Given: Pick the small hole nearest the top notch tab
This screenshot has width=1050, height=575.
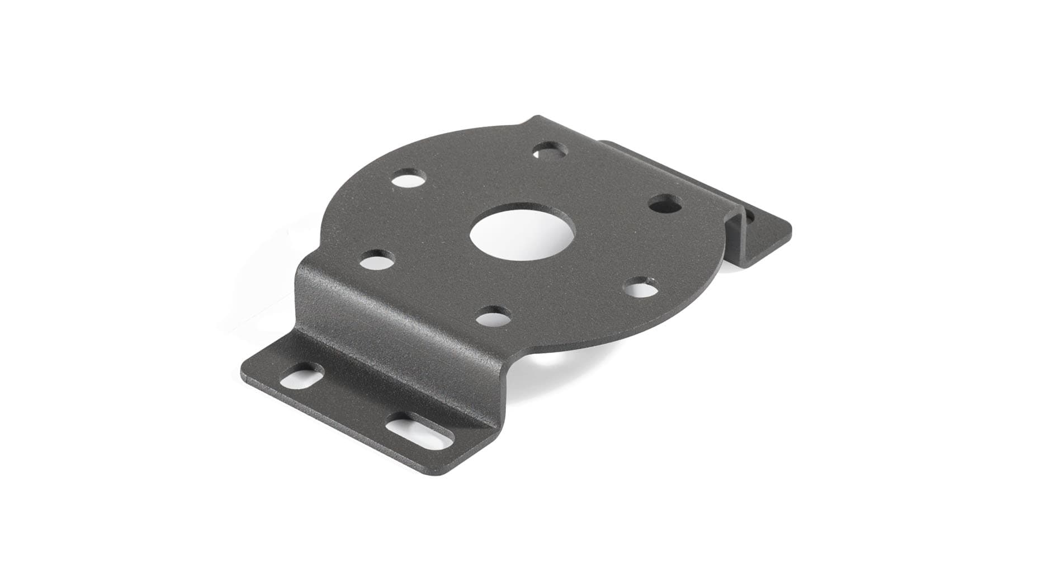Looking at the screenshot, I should (550, 150).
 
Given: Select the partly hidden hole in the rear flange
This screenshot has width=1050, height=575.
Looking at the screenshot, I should (748, 215).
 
